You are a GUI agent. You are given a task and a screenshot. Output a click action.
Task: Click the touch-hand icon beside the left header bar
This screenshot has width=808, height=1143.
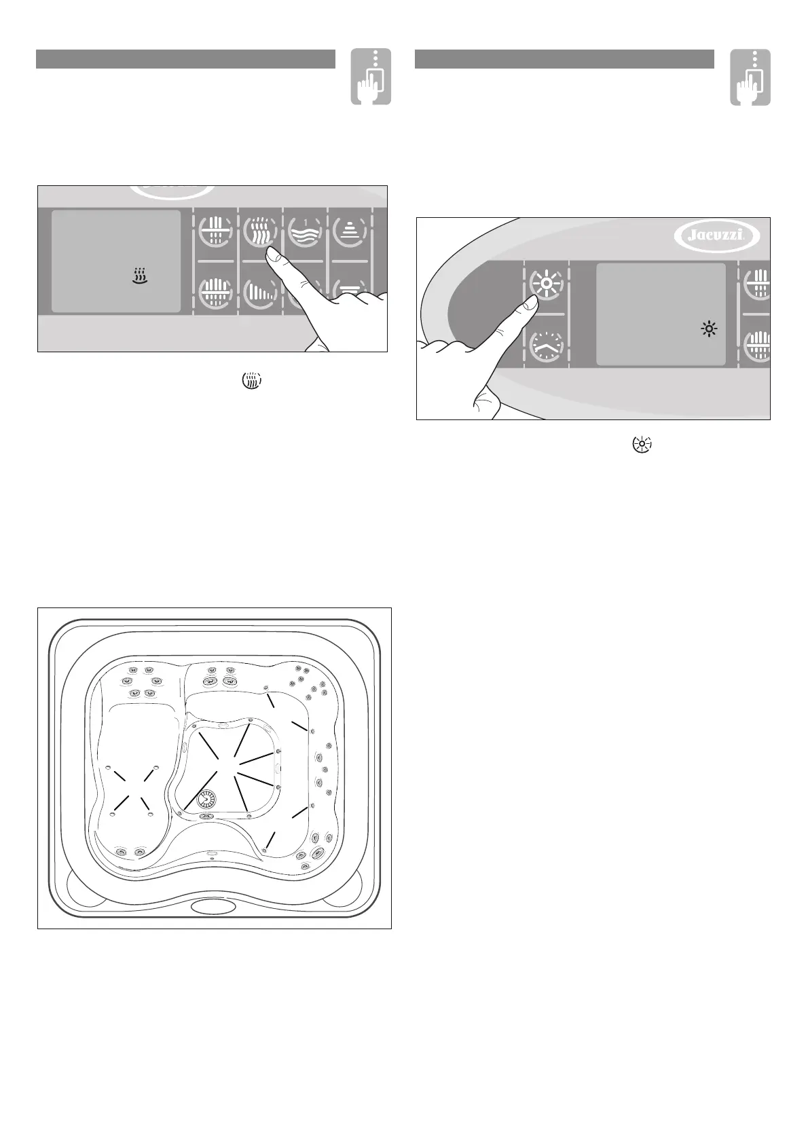(371, 77)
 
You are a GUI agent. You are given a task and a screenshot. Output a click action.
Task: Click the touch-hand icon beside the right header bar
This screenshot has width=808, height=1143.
(750, 77)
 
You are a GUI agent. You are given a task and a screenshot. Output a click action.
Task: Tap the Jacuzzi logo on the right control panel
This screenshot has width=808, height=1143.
(716, 236)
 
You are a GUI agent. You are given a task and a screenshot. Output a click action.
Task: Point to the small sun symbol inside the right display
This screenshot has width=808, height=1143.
(710, 330)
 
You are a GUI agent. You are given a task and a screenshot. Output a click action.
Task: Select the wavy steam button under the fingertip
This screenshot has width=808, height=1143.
(259, 230)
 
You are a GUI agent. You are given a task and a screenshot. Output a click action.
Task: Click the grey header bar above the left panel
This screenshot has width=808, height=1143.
(185, 59)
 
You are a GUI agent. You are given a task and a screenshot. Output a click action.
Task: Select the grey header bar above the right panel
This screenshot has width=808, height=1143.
(564, 59)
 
